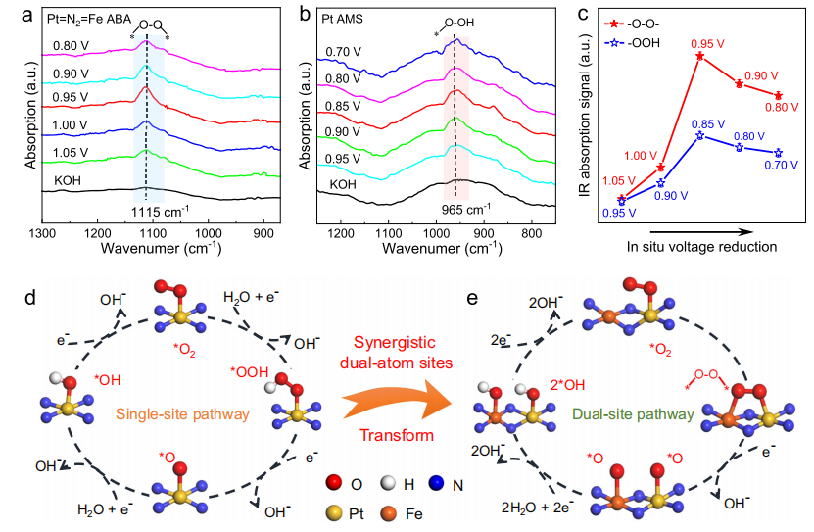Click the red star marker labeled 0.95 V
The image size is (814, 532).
[x=699, y=56]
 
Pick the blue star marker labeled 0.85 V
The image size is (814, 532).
[x=699, y=135]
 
